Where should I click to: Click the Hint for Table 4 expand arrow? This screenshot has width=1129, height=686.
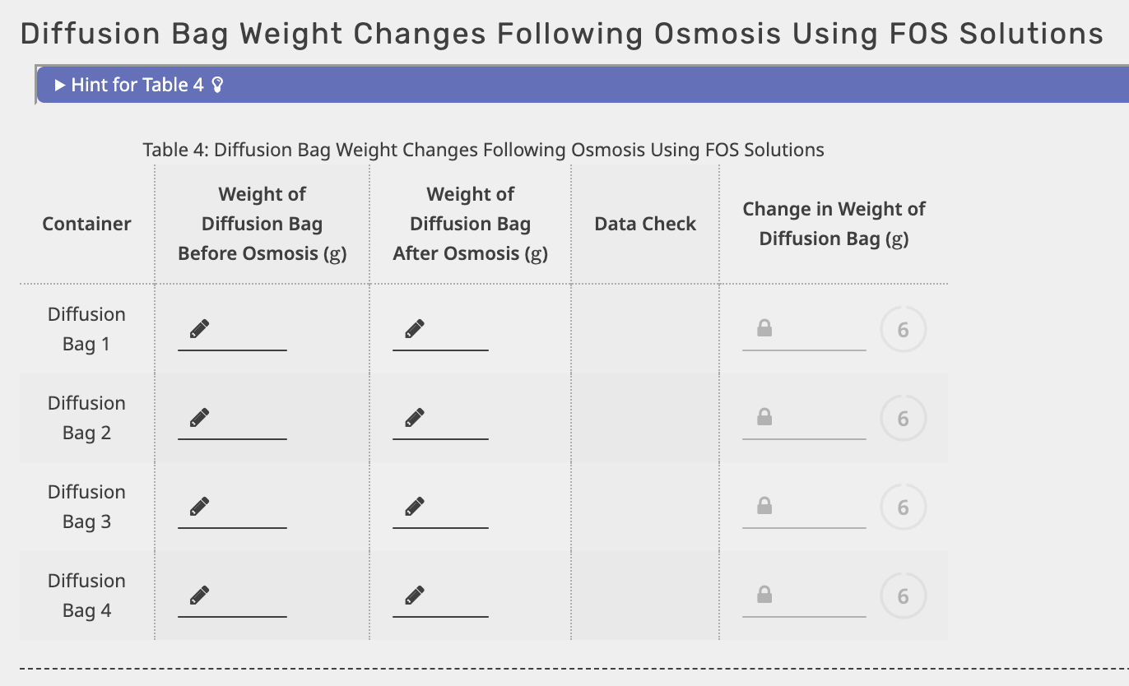click(x=60, y=85)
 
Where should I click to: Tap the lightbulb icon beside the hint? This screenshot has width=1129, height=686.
click(x=217, y=85)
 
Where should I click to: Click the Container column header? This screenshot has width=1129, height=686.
click(x=86, y=224)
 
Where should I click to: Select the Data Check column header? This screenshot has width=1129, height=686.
click(x=645, y=224)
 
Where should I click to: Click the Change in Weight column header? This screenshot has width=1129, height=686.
click(x=834, y=224)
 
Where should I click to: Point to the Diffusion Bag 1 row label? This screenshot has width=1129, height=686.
click(x=86, y=329)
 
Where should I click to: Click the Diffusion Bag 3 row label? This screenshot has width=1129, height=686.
click(x=86, y=507)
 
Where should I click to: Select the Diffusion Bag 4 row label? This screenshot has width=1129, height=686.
click(x=86, y=596)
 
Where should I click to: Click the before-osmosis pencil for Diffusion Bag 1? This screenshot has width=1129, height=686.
click(x=199, y=329)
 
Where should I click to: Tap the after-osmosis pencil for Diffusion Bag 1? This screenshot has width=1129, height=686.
click(x=415, y=329)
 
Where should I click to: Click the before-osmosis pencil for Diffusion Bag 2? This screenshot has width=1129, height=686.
click(x=199, y=418)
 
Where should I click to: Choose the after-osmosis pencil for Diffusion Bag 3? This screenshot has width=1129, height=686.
click(x=415, y=507)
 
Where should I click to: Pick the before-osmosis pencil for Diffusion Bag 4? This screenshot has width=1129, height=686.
click(x=199, y=595)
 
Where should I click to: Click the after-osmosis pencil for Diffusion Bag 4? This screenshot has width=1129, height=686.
click(x=415, y=595)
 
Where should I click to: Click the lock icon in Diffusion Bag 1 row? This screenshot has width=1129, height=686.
click(x=764, y=329)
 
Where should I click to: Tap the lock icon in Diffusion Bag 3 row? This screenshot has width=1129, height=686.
click(x=764, y=507)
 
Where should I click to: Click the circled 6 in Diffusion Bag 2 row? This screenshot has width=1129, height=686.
click(x=903, y=419)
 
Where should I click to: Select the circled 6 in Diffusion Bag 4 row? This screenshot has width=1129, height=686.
click(x=903, y=596)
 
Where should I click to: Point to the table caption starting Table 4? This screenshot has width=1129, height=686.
click(x=483, y=150)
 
